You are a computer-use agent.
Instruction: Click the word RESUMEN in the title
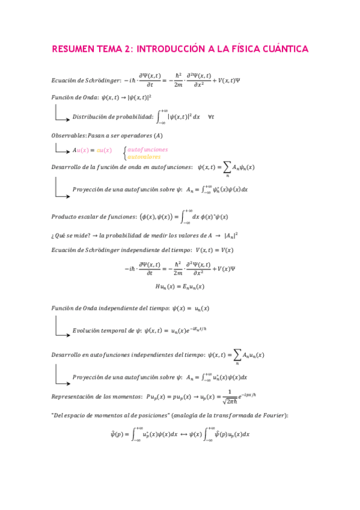point(72,48)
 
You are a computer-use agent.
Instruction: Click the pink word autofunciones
point(148,149)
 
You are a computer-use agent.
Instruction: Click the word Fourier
point(272,415)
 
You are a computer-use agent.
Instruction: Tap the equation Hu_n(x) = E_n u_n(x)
point(180,287)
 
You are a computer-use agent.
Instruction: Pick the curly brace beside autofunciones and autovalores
point(124,153)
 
